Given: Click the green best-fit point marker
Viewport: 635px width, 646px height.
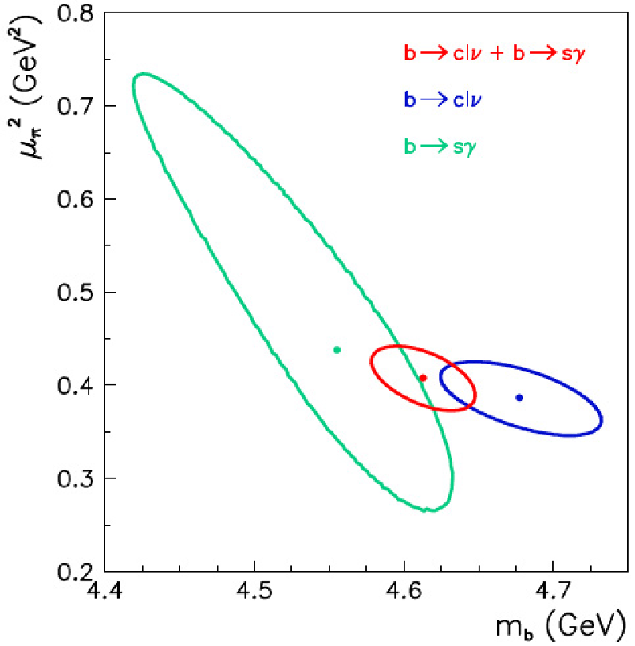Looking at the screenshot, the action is (337, 350).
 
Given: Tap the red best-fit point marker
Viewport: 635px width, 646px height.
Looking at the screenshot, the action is (423, 377).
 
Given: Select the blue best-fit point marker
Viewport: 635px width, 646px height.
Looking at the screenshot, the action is (519, 397).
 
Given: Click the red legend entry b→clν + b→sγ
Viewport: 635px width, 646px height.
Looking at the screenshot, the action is (495, 54).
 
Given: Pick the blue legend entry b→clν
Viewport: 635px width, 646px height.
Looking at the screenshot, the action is (443, 100).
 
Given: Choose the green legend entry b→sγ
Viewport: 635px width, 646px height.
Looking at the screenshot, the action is (440, 147).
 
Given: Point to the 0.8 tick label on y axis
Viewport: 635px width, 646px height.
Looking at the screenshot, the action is (75, 13).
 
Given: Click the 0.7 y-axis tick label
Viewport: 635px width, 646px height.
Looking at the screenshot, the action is (75, 107).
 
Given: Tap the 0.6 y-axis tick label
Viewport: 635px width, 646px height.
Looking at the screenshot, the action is (75, 199).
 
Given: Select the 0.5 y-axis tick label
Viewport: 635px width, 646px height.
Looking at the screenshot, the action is (75, 292).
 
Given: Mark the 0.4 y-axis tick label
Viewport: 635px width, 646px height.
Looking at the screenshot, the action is (75, 385).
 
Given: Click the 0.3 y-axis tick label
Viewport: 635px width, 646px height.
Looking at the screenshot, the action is (75, 479).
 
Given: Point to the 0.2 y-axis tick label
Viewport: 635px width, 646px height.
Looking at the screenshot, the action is (75, 572).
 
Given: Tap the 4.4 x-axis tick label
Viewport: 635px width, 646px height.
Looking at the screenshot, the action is (105, 592).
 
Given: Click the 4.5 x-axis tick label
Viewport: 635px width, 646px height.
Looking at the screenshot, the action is (254, 592).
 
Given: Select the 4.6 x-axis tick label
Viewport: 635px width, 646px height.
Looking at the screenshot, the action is (404, 592).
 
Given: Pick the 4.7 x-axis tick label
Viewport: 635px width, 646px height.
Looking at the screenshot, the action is (553, 592).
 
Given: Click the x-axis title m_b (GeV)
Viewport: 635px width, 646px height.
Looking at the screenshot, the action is (560, 625).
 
